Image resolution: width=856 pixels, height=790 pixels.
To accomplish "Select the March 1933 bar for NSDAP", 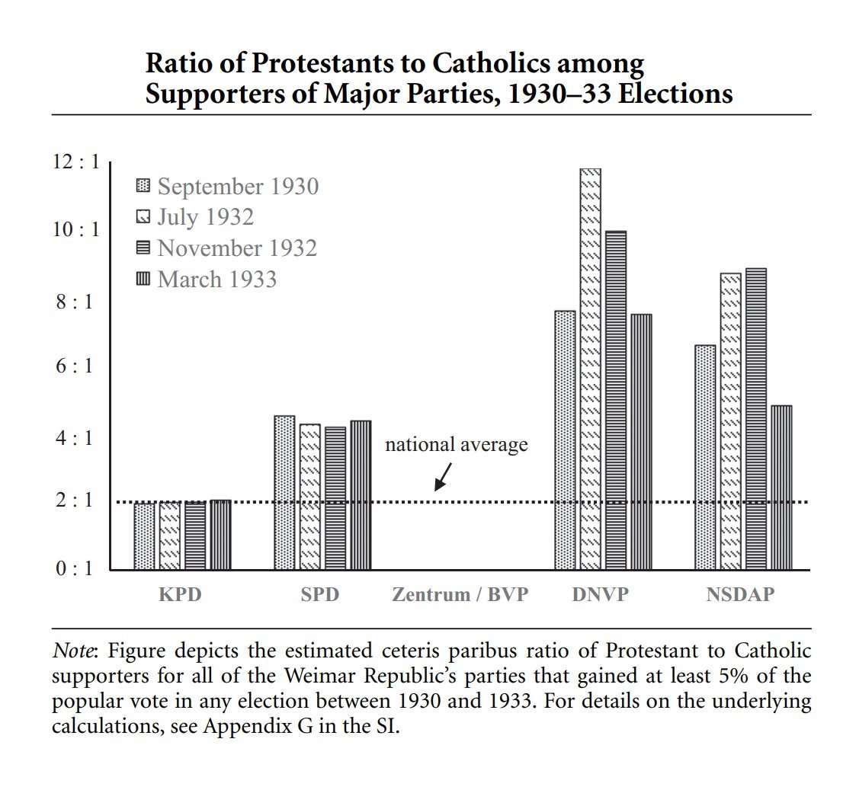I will pos(781,488).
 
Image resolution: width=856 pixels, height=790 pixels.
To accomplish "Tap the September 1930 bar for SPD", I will pos(284,492).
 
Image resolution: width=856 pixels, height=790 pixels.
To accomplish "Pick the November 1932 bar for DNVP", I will pos(615,400).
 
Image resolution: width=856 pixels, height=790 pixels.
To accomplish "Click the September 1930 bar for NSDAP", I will pos(705,457).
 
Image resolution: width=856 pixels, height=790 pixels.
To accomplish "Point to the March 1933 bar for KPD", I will pos(220,535).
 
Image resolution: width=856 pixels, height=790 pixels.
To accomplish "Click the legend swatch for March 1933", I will pos(143,279).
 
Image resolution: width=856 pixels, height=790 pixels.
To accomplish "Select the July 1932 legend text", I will pos(205,217).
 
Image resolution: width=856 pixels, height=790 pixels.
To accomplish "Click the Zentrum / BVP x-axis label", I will pos(460,595).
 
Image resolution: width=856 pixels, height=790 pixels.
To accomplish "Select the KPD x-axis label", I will pos(181,595).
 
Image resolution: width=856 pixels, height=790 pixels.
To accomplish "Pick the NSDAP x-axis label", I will pos(739,595).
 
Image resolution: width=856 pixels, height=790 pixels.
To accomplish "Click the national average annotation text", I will pos(456,444).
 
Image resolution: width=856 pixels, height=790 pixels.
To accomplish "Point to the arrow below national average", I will pos(442,477).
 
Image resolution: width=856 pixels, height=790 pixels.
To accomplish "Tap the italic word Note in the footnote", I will pos(73,652).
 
